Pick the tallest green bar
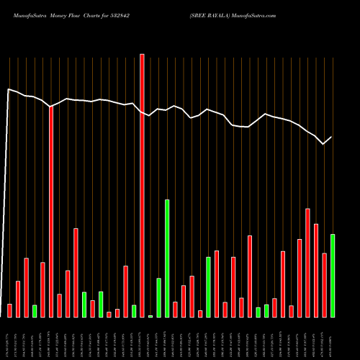[x=167, y=258]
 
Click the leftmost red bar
[x=9, y=310]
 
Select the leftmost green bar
[x=35, y=311]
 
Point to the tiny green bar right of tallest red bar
[x=150, y=316]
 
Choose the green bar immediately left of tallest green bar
[x=158, y=297]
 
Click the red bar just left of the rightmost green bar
[x=324, y=285]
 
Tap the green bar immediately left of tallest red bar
[x=134, y=311]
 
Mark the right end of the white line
[x=332, y=137]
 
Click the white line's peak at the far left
[x=8, y=89]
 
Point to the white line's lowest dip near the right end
[x=323, y=144]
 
